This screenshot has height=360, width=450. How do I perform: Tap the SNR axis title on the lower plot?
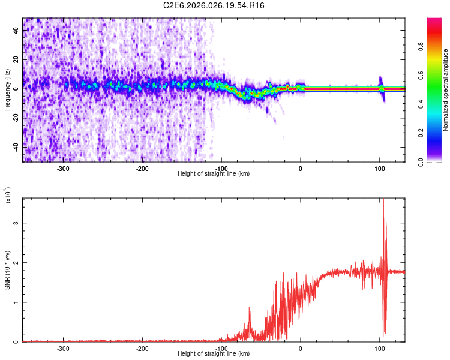coord(7,270)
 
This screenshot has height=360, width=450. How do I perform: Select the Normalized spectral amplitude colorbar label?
coord(445,90)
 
